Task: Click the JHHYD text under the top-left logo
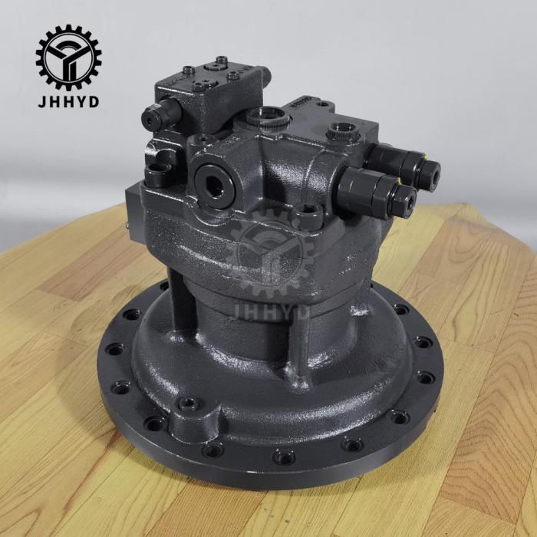tap(68, 100)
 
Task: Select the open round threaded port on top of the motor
tap(265, 116)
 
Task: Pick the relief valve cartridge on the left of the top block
tap(160, 116)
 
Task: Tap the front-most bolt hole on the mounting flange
tap(283, 457)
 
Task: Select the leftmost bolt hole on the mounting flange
tap(114, 350)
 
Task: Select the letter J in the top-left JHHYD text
tap(41, 100)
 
